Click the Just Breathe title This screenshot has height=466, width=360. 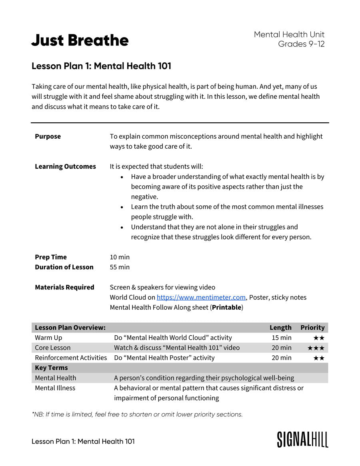(x=80, y=40)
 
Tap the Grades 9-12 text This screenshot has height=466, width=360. (x=301, y=44)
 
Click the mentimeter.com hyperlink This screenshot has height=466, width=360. (x=201, y=297)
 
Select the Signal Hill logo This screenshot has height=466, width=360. (x=302, y=439)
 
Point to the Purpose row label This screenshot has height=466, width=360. (x=48, y=136)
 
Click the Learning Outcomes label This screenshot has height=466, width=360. (x=65, y=166)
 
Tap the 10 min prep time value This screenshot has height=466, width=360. (x=120, y=257)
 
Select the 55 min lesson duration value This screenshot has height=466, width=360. (x=120, y=267)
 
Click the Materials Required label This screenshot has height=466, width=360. (x=64, y=287)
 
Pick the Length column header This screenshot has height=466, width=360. (x=280, y=327)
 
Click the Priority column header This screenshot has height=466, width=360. (x=312, y=327)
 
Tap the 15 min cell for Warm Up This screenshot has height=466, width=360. (x=281, y=338)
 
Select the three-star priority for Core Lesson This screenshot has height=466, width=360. (x=316, y=348)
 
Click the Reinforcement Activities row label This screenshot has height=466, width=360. (x=71, y=358)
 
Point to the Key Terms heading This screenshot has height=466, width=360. (x=51, y=368)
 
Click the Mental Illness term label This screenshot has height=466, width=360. (x=55, y=388)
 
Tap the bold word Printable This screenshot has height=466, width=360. (x=226, y=307)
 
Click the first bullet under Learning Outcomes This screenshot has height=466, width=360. (x=122, y=177)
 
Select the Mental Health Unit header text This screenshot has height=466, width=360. (x=289, y=35)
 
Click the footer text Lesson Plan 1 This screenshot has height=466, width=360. (x=83, y=441)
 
